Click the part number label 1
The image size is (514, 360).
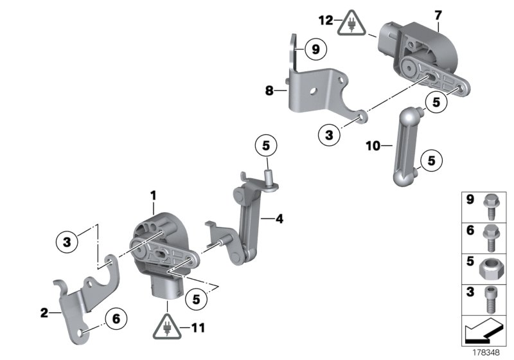(154, 194)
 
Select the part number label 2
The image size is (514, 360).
(44, 313)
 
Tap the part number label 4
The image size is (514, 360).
(279, 219)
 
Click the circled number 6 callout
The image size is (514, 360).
(116, 318)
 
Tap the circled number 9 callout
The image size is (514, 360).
(315, 48)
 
